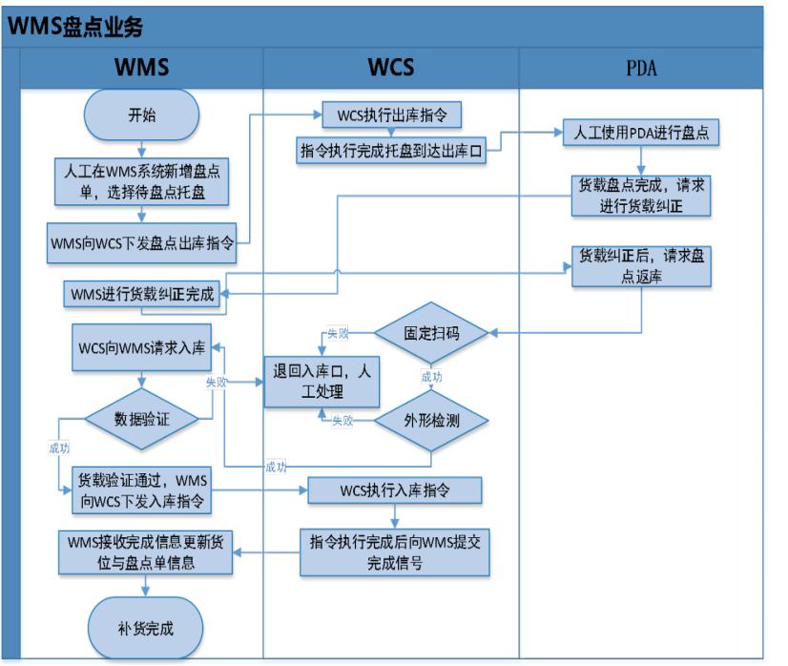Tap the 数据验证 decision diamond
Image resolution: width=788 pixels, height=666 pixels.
[142, 417]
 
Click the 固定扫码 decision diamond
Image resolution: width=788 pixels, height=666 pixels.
[430, 333]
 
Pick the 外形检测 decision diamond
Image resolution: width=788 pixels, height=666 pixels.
[430, 420]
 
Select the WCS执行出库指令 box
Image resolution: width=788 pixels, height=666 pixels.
[392, 115]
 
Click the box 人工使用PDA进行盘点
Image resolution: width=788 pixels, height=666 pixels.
[639, 133]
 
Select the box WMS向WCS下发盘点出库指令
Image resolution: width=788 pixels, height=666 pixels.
[142, 242]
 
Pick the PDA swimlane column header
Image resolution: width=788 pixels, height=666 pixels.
[640, 68]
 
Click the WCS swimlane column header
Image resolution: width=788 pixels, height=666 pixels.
[391, 68]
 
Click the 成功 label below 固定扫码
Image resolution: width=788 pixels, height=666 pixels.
[431, 377]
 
